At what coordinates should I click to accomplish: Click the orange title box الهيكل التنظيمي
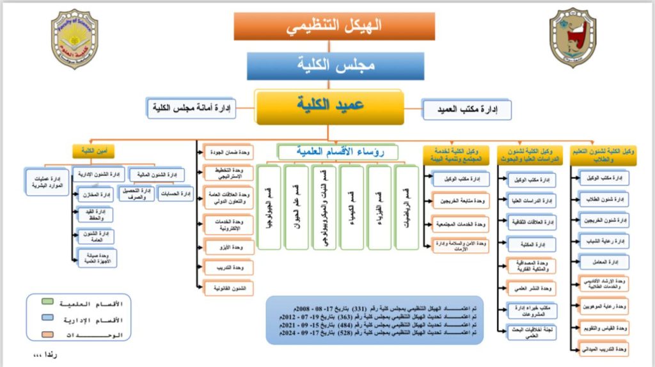point(327,26)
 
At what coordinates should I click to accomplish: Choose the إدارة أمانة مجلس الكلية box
point(191,108)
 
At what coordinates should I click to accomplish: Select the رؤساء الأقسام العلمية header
point(338,152)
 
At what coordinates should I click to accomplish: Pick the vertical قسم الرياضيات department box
point(406,207)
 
